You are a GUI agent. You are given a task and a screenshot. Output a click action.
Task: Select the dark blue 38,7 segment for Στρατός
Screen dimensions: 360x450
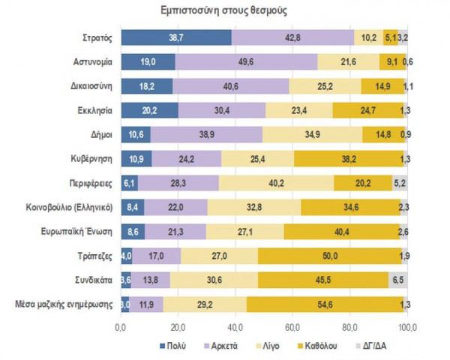[x=176, y=37]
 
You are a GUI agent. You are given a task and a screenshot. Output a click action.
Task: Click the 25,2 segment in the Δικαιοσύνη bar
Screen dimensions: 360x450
[x=325, y=86]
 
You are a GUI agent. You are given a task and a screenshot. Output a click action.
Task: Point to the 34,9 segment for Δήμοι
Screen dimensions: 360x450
[x=312, y=134]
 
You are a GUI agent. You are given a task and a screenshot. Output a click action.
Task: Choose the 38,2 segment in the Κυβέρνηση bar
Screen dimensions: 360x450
[x=349, y=159]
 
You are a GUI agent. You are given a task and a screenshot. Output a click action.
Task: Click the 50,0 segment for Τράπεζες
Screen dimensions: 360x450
[x=329, y=256]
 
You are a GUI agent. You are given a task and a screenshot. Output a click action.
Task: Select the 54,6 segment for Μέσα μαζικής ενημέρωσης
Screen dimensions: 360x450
[x=325, y=304]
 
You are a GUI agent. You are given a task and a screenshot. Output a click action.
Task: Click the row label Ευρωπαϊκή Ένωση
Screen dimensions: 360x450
[x=79, y=232]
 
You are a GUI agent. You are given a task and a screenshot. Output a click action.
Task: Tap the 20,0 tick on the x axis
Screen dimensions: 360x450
[x=178, y=327]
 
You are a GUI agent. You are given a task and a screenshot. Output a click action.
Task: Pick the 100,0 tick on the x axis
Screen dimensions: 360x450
[x=407, y=327]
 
